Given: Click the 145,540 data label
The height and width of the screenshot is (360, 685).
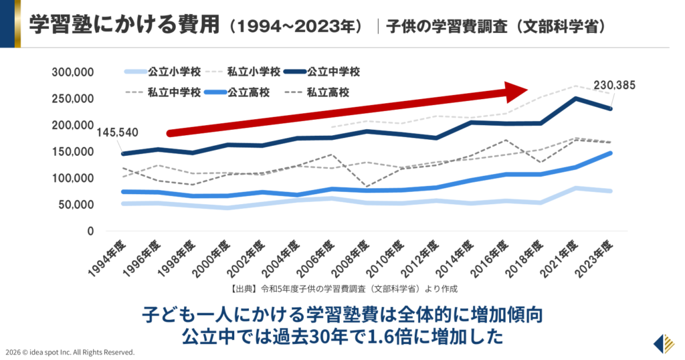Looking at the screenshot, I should [118, 132].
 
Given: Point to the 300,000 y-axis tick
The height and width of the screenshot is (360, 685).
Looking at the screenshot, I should [74, 72].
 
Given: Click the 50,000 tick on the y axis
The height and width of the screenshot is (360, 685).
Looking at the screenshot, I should [76, 205].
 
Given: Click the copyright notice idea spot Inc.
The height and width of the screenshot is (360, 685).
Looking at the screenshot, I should [70, 352].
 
